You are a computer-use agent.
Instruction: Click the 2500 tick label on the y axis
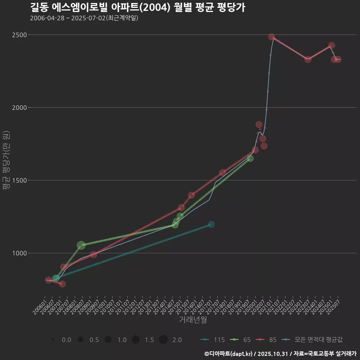click(19, 35)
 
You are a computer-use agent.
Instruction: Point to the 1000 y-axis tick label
click(19, 253)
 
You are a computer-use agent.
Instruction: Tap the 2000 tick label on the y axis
click(19, 108)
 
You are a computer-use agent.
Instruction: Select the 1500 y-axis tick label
click(19, 180)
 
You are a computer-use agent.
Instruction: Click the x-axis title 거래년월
click(193, 320)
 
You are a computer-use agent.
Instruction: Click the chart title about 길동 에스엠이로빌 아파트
click(137, 7)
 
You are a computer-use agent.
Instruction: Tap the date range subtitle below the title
click(84, 18)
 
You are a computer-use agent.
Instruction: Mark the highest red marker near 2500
click(271, 37)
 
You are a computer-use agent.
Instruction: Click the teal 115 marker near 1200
click(211, 224)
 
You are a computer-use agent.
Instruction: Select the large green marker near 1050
click(81, 245)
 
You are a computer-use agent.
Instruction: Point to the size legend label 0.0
click(66, 340)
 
